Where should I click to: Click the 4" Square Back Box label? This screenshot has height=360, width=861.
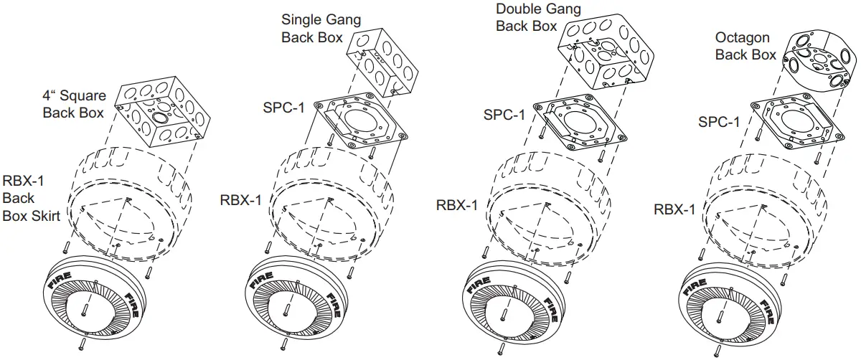tap(74, 103)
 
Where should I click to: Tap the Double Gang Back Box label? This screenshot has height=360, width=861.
tap(528, 18)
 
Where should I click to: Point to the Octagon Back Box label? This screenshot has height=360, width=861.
tap(745, 45)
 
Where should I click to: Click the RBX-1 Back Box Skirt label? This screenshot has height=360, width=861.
tap(32, 196)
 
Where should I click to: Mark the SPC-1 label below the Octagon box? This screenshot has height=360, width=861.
tap(719, 122)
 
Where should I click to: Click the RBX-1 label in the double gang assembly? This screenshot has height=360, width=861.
tap(458, 206)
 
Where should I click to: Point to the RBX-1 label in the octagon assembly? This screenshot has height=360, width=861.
tap(674, 209)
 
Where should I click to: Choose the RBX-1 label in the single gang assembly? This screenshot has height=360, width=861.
tap(240, 199)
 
